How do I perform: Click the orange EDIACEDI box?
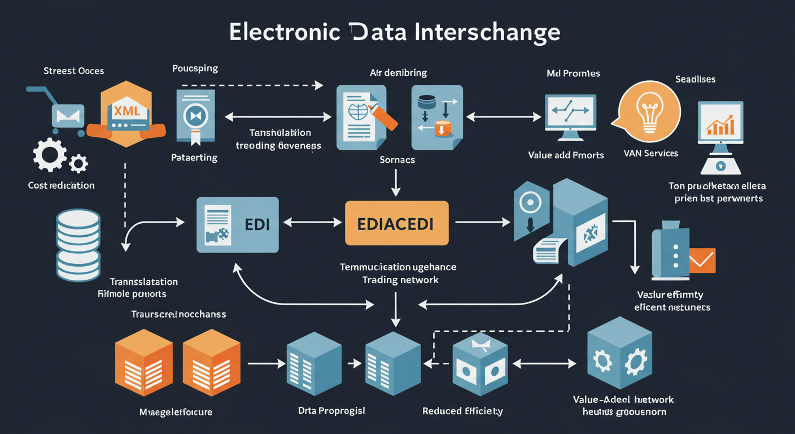pos(396,223)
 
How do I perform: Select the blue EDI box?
pos(237,224)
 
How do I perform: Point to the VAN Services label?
pos(651,153)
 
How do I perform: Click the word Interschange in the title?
pos(487,32)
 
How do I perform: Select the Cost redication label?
pos(61,185)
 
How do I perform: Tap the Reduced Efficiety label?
pos(462,411)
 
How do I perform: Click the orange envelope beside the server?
pos(702,259)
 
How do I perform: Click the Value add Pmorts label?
pos(566,155)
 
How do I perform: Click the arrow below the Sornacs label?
pos(396,184)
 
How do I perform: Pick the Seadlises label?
pos(695,79)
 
